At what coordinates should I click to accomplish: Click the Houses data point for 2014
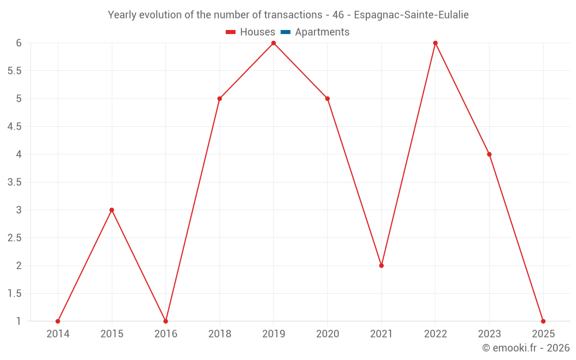tap(58, 321)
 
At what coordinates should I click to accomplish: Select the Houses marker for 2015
tap(112, 210)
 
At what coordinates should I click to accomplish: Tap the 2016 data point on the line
tap(166, 321)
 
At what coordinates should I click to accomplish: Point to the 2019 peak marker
tap(274, 43)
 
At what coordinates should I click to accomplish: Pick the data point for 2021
tap(381, 266)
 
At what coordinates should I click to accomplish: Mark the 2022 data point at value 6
tap(435, 43)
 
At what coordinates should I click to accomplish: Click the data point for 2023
tap(489, 154)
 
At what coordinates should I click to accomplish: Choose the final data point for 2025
tap(543, 321)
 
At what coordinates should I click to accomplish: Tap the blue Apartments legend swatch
tap(285, 32)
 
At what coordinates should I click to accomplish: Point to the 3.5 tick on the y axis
tap(14, 182)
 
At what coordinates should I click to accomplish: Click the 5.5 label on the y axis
tap(14, 71)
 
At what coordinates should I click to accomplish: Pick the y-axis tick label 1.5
tap(14, 294)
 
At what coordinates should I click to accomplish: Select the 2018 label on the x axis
tap(219, 334)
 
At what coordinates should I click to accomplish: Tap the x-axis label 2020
tap(327, 334)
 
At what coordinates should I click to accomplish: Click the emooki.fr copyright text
tap(526, 348)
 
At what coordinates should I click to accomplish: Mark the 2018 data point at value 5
tap(219, 98)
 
